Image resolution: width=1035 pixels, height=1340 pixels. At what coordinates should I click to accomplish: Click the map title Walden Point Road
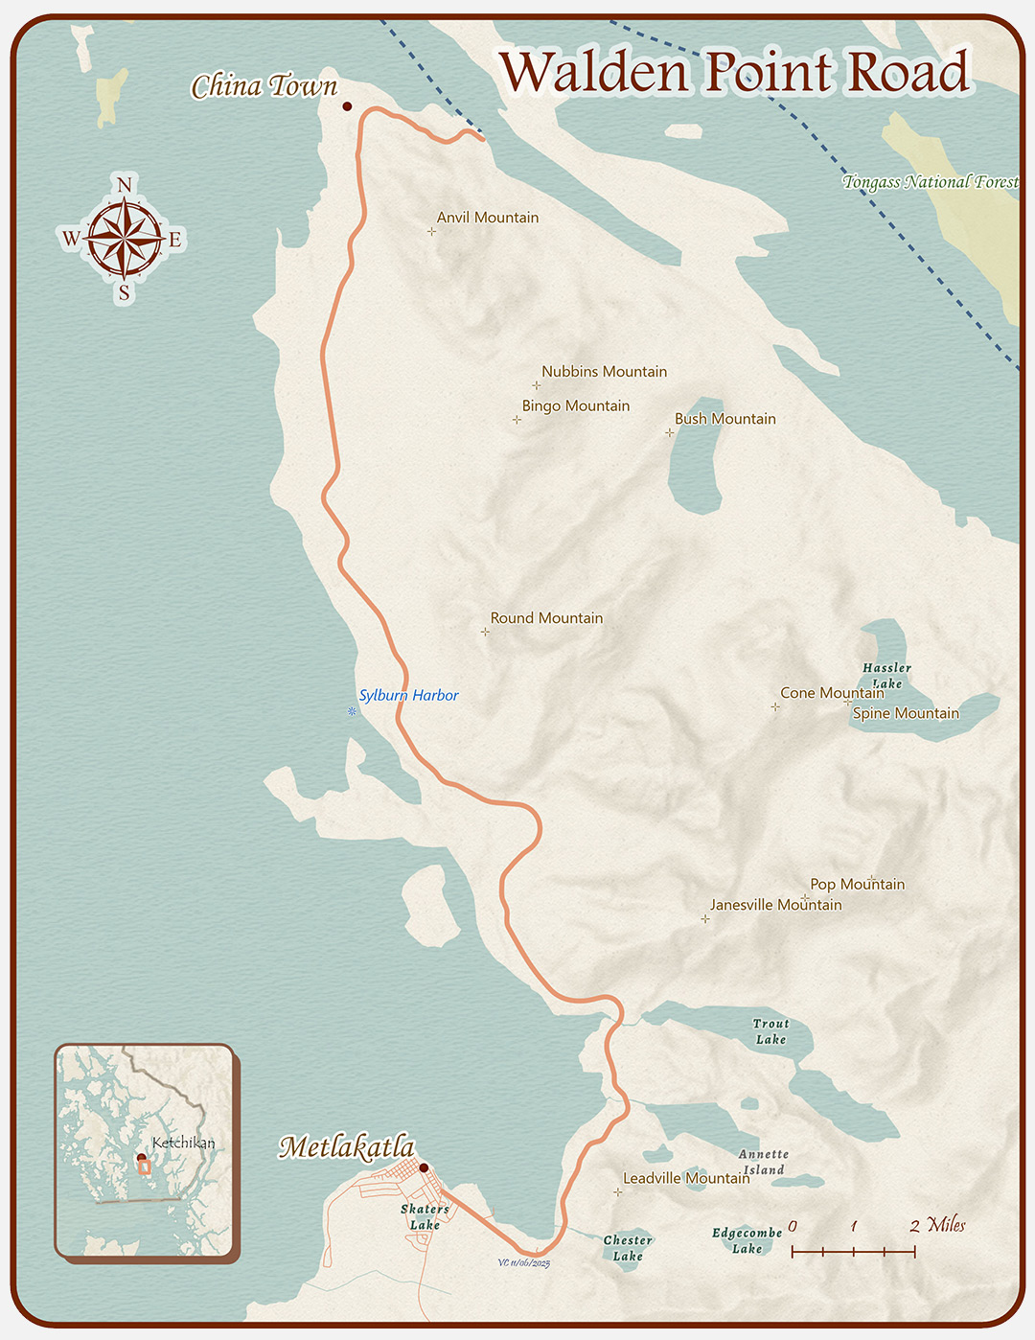(x=734, y=73)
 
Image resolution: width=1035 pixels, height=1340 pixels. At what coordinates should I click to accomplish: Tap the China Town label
(x=264, y=87)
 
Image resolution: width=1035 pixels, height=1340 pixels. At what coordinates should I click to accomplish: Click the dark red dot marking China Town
(x=347, y=106)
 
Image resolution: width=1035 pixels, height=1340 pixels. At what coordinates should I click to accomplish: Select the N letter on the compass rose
(x=124, y=185)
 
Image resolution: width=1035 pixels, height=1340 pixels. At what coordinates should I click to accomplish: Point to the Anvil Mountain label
(x=488, y=218)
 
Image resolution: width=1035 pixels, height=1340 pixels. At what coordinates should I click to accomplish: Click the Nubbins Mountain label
(x=604, y=372)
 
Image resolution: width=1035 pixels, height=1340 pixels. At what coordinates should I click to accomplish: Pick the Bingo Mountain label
(x=576, y=406)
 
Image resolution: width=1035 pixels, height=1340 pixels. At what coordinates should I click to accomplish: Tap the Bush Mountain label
(x=725, y=419)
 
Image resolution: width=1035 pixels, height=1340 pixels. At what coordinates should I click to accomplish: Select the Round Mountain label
(x=546, y=618)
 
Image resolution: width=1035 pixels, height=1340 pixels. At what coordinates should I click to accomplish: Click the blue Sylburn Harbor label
(x=408, y=696)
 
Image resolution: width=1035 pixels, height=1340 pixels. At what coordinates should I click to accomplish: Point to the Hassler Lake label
(x=886, y=676)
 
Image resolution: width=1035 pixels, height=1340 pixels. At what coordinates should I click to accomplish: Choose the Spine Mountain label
(x=906, y=713)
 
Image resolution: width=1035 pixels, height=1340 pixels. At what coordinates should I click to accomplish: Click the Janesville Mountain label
(x=775, y=905)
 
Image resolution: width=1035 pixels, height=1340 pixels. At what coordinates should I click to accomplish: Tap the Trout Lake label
(x=770, y=1031)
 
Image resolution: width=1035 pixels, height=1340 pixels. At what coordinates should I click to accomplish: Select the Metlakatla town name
(x=346, y=1146)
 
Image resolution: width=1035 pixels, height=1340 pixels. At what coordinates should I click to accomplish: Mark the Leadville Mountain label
(x=686, y=1178)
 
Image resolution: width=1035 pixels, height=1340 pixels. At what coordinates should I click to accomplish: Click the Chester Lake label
(x=628, y=1248)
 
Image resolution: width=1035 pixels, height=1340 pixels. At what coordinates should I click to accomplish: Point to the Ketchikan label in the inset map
(x=183, y=1143)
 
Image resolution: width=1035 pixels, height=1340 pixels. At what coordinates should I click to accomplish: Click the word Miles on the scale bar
(x=946, y=1224)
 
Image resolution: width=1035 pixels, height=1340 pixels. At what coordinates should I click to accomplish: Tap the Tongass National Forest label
(x=931, y=182)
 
